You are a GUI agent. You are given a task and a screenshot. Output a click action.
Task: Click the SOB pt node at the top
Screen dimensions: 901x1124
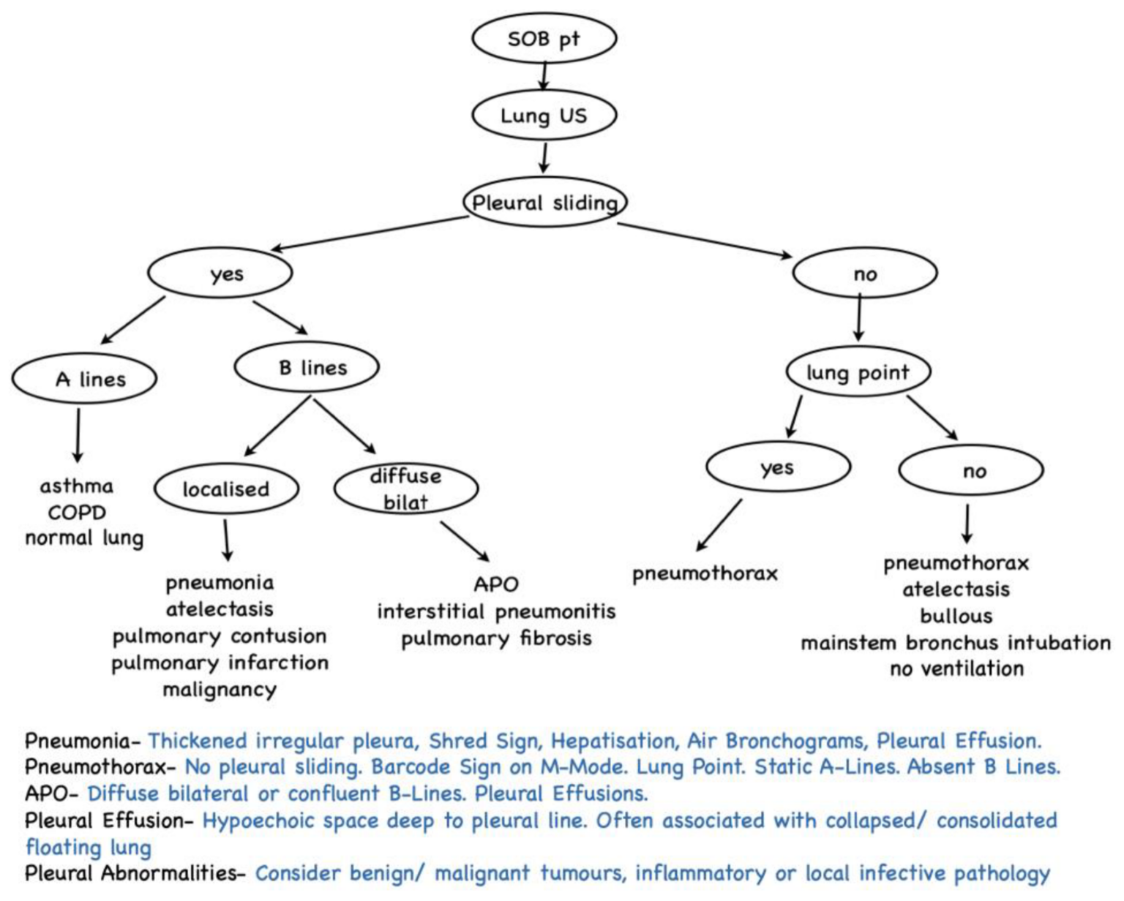click(544, 39)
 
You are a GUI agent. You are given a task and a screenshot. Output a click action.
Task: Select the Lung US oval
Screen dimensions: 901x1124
click(544, 116)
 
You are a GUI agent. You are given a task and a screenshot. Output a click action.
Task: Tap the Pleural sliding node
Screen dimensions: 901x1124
click(544, 203)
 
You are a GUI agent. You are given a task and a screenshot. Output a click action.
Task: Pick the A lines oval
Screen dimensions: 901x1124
click(84, 380)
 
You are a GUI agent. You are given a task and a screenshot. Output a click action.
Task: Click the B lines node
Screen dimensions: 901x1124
click(307, 367)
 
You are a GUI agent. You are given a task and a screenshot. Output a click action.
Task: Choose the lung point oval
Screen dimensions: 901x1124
click(858, 372)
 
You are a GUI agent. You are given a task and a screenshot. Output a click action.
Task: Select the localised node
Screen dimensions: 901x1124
click(226, 489)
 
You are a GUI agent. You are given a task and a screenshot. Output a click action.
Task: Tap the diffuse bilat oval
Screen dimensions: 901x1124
click(406, 489)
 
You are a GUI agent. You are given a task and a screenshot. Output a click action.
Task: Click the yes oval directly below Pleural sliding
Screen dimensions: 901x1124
click(220, 274)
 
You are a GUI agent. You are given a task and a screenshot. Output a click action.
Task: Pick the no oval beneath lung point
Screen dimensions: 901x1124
click(970, 471)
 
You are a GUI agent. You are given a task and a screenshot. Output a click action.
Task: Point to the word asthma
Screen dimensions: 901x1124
click(77, 486)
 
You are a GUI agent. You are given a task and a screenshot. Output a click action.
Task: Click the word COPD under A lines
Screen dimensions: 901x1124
click(77, 513)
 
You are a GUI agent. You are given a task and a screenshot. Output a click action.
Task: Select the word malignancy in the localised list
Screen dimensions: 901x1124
click(220, 690)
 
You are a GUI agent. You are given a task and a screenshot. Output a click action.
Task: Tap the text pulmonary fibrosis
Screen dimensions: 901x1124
click(496, 638)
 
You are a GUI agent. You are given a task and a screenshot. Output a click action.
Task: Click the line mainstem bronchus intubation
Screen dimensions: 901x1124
click(956, 643)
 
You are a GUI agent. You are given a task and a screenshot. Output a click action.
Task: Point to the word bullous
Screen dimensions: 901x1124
click(956, 616)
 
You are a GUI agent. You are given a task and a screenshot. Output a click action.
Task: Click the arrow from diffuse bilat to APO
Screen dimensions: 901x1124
click(465, 541)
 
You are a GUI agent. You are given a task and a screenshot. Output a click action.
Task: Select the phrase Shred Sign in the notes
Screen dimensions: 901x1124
click(483, 742)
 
